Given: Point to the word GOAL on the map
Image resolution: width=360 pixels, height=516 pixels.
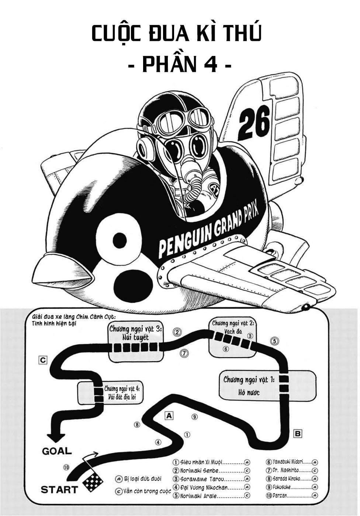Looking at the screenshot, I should pyautogui.click(x=57, y=450).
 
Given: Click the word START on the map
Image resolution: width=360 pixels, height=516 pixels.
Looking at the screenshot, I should pyautogui.click(x=59, y=490).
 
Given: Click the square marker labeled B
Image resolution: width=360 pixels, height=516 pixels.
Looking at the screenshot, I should pyautogui.click(x=298, y=433).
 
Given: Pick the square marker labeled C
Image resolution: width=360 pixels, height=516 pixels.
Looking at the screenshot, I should pyautogui.click(x=43, y=360).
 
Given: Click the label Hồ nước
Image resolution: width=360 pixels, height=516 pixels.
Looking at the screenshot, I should pyautogui.click(x=249, y=393).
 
